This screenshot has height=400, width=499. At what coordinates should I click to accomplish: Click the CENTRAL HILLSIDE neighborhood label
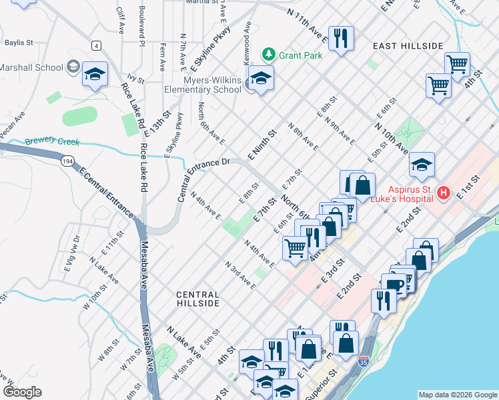tap(197, 299)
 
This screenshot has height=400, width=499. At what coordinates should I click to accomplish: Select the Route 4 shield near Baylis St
tap(97, 45)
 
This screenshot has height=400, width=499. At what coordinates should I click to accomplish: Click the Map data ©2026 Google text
tap(457, 395)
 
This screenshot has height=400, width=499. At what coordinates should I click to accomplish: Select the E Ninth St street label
tap(262, 143)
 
